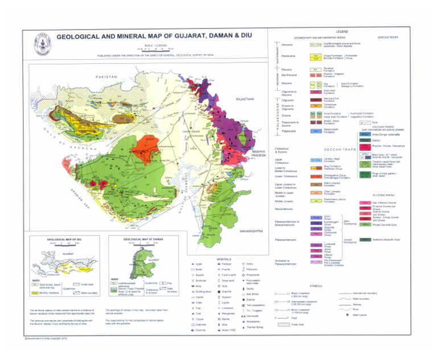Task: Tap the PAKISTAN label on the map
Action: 106,76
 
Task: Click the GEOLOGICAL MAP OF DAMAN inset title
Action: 142,240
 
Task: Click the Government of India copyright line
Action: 43,353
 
